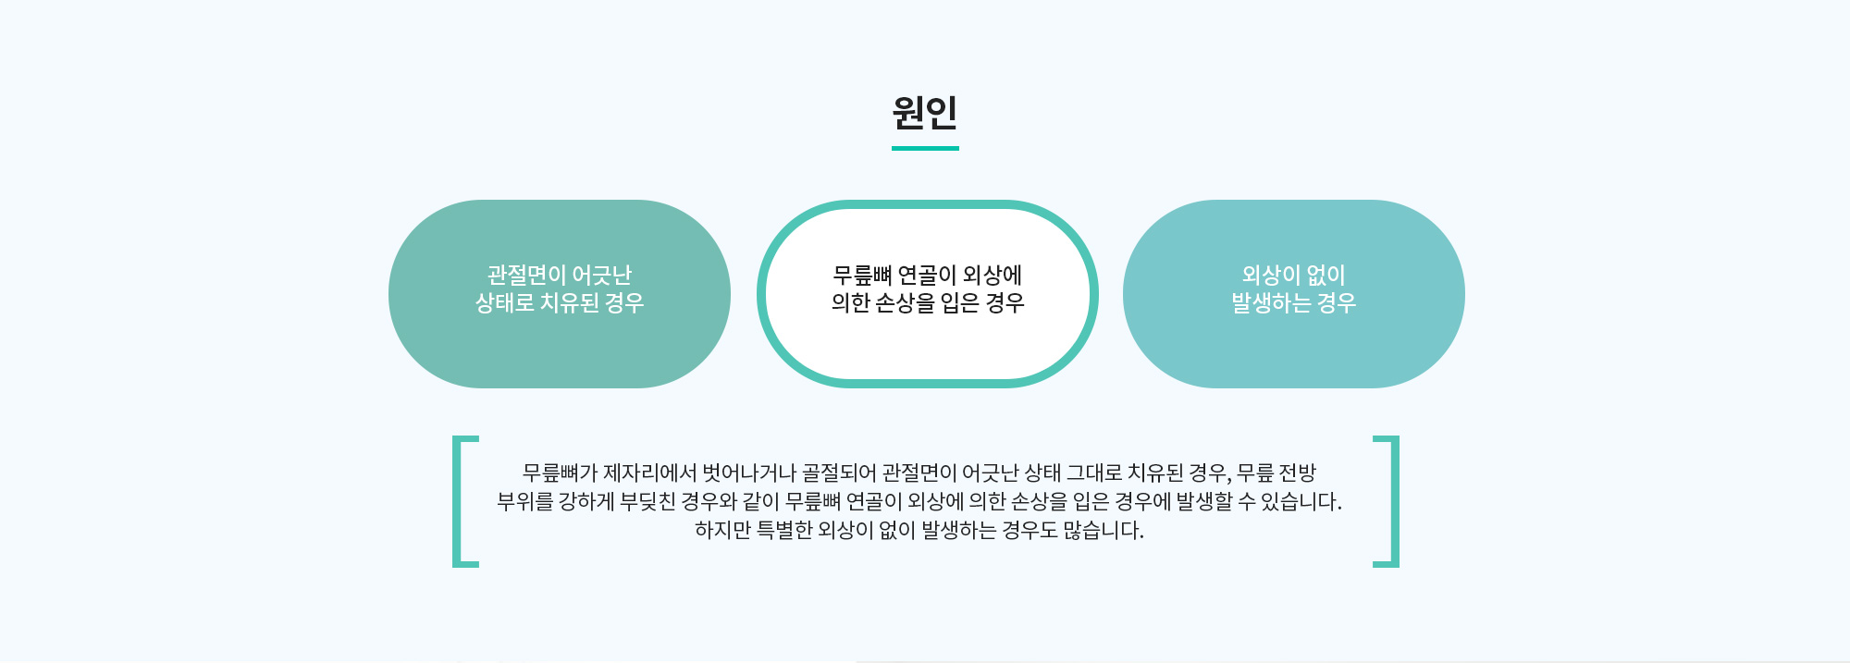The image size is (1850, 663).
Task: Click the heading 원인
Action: (x=925, y=113)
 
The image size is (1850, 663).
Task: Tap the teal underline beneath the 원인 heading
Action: (x=925, y=148)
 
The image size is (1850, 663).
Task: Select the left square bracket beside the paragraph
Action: (x=464, y=501)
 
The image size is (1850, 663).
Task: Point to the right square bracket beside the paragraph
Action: (x=1387, y=501)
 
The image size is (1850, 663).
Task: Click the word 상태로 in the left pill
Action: (x=504, y=303)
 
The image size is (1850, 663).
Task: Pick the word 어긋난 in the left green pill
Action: (x=601, y=275)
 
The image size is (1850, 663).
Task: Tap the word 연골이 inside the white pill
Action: (x=927, y=275)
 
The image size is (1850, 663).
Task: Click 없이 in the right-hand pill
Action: (x=1326, y=275)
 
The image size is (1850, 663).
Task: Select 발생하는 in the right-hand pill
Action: (x=1271, y=303)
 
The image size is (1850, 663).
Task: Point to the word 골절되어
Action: (x=839, y=473)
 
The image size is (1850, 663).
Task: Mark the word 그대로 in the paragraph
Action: (x=1094, y=473)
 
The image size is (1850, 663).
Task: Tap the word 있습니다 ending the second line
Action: (x=1301, y=502)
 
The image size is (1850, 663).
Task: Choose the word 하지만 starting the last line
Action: (x=722, y=531)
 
